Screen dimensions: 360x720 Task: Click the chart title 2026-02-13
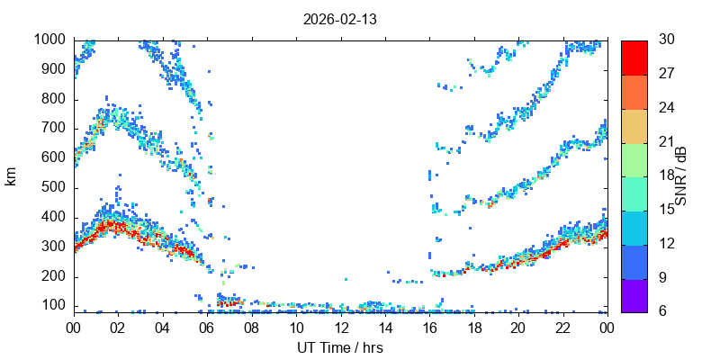pos(341,19)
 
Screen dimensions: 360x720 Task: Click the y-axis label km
pos(11,175)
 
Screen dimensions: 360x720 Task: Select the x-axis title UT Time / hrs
pos(341,346)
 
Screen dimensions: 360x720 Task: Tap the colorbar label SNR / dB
pos(681,175)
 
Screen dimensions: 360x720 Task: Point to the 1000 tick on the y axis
pos(49,40)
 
